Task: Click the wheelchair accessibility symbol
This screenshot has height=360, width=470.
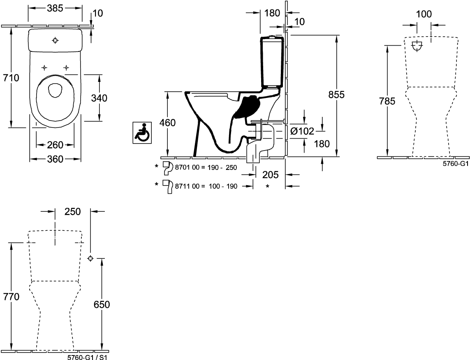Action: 142,132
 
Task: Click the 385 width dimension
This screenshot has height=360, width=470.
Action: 55,8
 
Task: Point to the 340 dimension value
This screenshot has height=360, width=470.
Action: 99,98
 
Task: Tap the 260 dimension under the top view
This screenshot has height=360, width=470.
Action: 55,145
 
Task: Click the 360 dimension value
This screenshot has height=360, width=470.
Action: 55,159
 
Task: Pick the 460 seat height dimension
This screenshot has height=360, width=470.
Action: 167,123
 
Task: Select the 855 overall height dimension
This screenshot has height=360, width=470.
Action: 336,94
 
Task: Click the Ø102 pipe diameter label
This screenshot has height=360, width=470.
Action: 302,131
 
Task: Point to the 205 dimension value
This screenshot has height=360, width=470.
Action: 271,174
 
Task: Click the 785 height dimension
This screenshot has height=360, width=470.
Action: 387,101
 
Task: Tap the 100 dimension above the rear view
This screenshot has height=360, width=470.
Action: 424,14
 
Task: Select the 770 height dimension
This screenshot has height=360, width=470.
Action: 11,297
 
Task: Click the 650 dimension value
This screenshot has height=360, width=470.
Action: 101,304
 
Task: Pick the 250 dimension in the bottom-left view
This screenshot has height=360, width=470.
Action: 72,211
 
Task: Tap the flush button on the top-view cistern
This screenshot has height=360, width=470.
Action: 56,40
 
